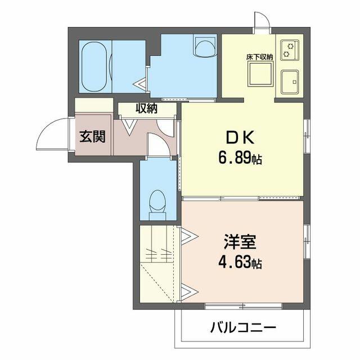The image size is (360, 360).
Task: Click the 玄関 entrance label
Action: (x=92, y=137)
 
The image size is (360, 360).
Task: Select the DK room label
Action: (x=241, y=137)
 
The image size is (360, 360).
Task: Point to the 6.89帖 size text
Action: (x=240, y=159)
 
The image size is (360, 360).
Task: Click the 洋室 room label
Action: (x=240, y=242)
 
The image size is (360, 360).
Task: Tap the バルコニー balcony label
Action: (x=243, y=327)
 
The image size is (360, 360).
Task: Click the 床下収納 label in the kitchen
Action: (x=260, y=57)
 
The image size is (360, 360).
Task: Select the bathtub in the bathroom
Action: (x=94, y=66)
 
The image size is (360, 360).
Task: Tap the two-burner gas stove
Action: (x=290, y=50)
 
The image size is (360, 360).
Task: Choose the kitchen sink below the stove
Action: (x=290, y=82)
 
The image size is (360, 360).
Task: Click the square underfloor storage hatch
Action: (x=260, y=74)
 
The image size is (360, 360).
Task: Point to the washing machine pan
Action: (x=205, y=46)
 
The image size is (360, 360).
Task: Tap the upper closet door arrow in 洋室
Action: (x=189, y=236)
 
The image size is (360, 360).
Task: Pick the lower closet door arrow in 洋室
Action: (x=189, y=292)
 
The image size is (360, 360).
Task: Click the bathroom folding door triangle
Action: (x=140, y=83)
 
